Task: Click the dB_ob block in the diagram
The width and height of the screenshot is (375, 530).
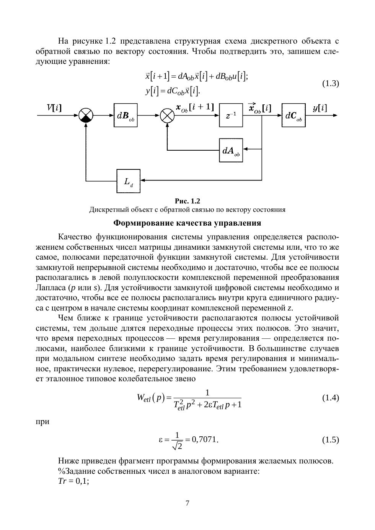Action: tap(126, 115)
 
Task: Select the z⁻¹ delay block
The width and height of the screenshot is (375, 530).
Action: tap(231, 115)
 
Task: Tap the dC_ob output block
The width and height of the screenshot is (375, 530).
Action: tap(293, 115)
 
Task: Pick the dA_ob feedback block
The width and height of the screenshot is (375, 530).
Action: tap(231, 150)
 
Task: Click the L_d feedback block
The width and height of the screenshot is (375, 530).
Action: tap(128, 181)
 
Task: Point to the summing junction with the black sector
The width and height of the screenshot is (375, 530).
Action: tap(86, 115)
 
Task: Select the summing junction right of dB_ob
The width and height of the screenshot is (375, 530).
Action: tap(167, 115)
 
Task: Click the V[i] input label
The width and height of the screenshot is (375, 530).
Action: tap(54, 108)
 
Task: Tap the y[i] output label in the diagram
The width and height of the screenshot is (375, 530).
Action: tap(320, 108)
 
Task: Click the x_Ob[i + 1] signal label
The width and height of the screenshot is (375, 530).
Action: tap(195, 108)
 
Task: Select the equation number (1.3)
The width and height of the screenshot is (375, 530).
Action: tap(331, 83)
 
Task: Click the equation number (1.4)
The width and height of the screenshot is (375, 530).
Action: tap(331, 398)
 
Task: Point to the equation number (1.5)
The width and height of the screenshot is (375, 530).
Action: tap(331, 440)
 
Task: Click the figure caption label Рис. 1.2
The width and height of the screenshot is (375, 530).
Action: tap(187, 201)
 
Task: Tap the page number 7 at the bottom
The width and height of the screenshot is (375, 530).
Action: tap(187, 503)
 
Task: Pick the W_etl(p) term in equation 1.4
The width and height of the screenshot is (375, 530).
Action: tap(151, 398)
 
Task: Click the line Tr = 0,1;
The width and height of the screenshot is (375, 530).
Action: tap(73, 481)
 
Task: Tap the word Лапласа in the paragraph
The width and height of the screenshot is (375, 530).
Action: tap(51, 288)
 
